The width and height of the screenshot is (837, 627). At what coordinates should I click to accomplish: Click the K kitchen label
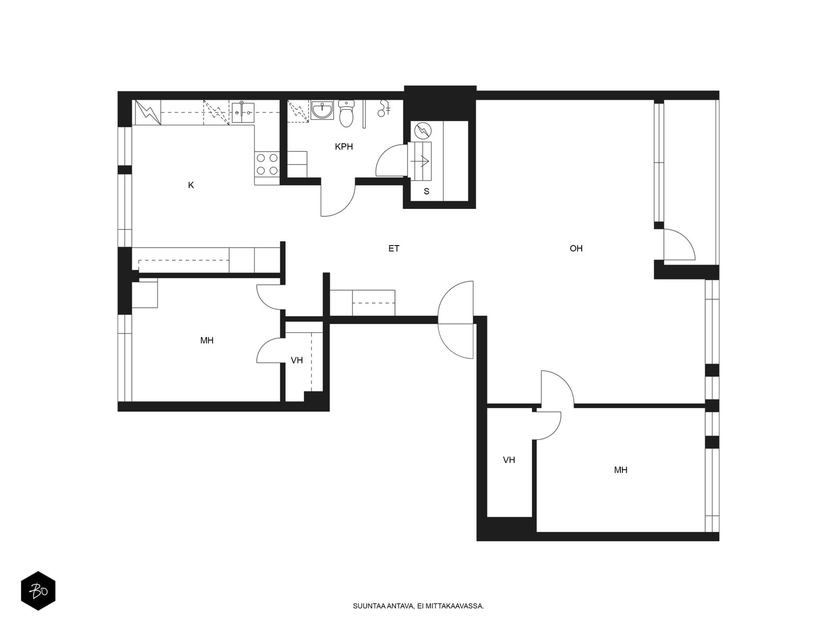191,185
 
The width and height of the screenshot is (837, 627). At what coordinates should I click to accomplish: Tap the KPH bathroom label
344,147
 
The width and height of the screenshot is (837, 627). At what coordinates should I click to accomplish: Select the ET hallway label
394,249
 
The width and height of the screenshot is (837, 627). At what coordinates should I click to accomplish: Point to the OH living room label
576,249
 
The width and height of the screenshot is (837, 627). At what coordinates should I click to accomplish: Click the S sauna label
426,191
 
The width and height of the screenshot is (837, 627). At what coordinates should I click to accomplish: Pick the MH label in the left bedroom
207,340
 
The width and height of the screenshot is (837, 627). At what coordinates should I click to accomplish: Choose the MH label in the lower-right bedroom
620,470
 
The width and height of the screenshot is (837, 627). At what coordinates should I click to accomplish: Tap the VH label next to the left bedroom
297,360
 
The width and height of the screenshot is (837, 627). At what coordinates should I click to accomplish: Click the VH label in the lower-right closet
508,460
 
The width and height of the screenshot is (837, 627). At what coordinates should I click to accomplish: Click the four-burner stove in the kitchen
267,164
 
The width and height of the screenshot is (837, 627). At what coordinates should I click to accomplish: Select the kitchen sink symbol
243,112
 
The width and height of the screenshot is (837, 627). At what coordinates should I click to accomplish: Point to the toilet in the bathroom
347,113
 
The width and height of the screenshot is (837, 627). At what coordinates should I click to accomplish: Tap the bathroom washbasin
322,110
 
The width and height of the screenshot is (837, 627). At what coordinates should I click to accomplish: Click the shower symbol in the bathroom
383,108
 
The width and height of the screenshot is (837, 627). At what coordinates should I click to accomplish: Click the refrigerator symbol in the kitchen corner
146,112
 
